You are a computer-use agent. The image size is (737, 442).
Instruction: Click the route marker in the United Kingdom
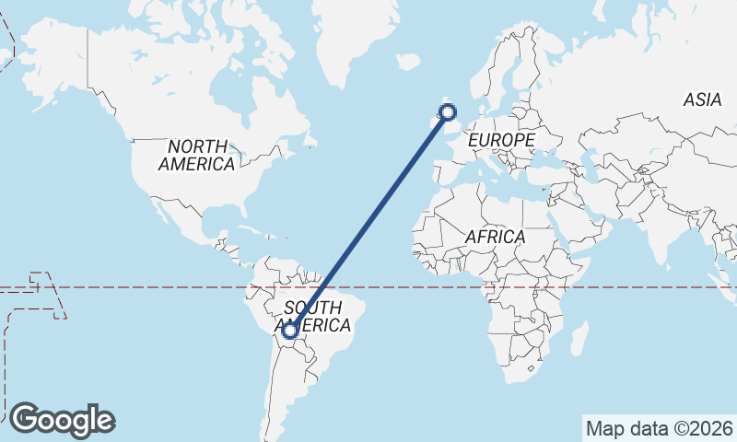pyautogui.click(x=449, y=113)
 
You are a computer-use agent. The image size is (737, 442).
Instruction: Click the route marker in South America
pyautogui.click(x=290, y=330)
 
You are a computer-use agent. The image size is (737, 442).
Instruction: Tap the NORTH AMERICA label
pyautogui.click(x=196, y=155)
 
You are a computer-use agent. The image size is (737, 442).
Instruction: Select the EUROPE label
pyautogui.click(x=501, y=140)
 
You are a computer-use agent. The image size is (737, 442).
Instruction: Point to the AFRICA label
pyautogui.click(x=495, y=237)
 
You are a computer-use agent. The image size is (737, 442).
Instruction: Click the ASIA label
pyautogui.click(x=702, y=100)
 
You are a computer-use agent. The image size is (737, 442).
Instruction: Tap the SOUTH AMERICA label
pyautogui.click(x=317, y=316)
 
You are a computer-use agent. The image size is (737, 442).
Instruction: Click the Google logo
pyautogui.click(x=62, y=420)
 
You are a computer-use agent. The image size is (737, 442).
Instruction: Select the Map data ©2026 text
pyautogui.click(x=660, y=428)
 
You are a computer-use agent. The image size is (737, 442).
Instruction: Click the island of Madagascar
pyautogui.click(x=579, y=339)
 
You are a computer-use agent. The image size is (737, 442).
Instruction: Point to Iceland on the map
pyautogui.click(x=408, y=61)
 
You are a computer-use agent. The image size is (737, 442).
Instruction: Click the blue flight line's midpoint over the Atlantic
pyautogui.click(x=369, y=221)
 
